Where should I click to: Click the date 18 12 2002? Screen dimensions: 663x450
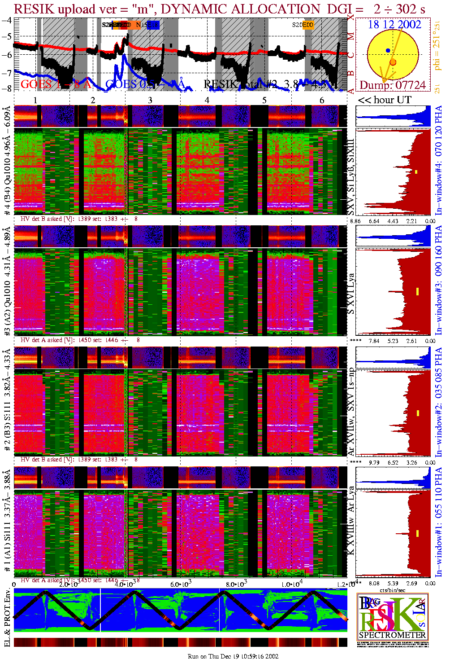[394, 25]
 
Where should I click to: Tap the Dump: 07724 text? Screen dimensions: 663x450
[393, 85]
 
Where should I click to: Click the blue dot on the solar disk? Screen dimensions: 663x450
[388, 51]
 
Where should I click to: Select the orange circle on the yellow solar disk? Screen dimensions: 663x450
[393, 62]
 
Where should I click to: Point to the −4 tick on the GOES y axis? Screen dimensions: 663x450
[7, 20]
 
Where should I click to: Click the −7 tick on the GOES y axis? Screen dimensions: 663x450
[7, 73]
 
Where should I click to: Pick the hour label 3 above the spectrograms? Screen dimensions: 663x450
[150, 100]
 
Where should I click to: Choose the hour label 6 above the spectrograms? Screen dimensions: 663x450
[322, 100]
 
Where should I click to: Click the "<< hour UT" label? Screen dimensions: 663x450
[385, 100]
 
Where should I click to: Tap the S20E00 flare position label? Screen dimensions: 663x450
[303, 25]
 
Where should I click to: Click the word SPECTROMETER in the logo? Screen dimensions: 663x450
[392, 635]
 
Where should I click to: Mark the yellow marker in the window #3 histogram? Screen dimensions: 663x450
[417, 291]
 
